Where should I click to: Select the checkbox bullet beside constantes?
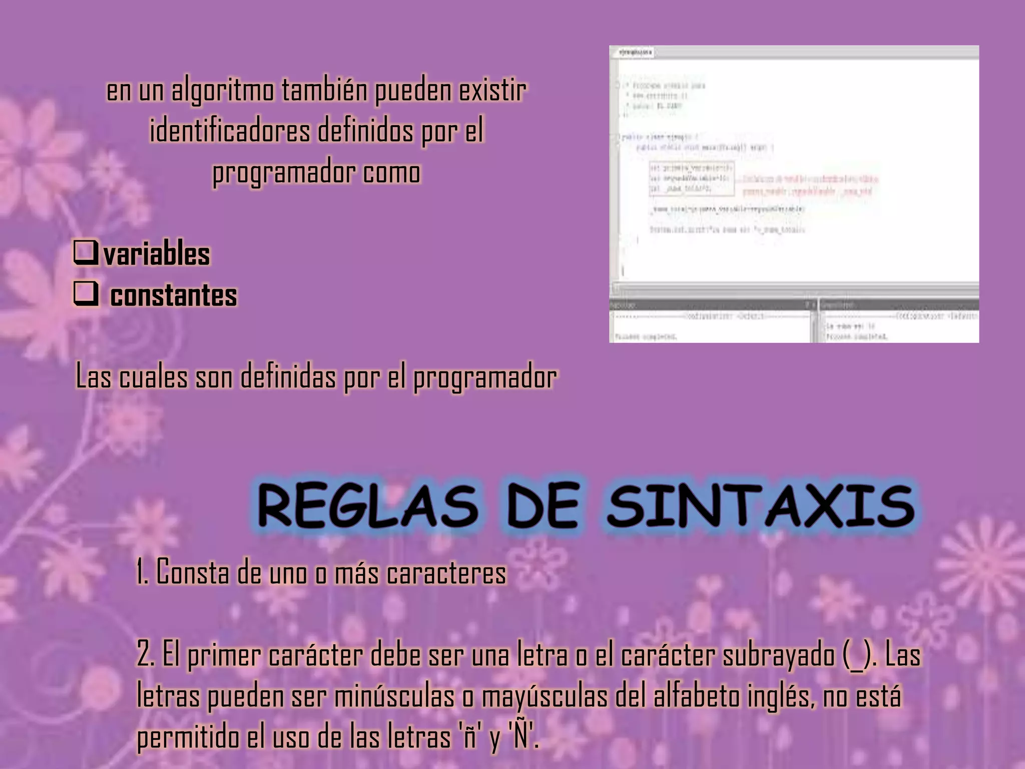click(85, 294)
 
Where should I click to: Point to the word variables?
click(157, 254)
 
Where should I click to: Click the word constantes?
click(173, 295)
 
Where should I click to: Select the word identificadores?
click(230, 131)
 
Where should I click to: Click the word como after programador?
click(392, 173)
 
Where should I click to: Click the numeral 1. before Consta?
click(143, 572)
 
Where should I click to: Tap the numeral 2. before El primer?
click(146, 655)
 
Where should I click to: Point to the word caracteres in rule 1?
click(446, 572)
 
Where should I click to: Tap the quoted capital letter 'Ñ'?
click(522, 736)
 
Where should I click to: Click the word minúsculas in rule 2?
click(394, 696)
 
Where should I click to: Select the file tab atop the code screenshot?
click(635, 52)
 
